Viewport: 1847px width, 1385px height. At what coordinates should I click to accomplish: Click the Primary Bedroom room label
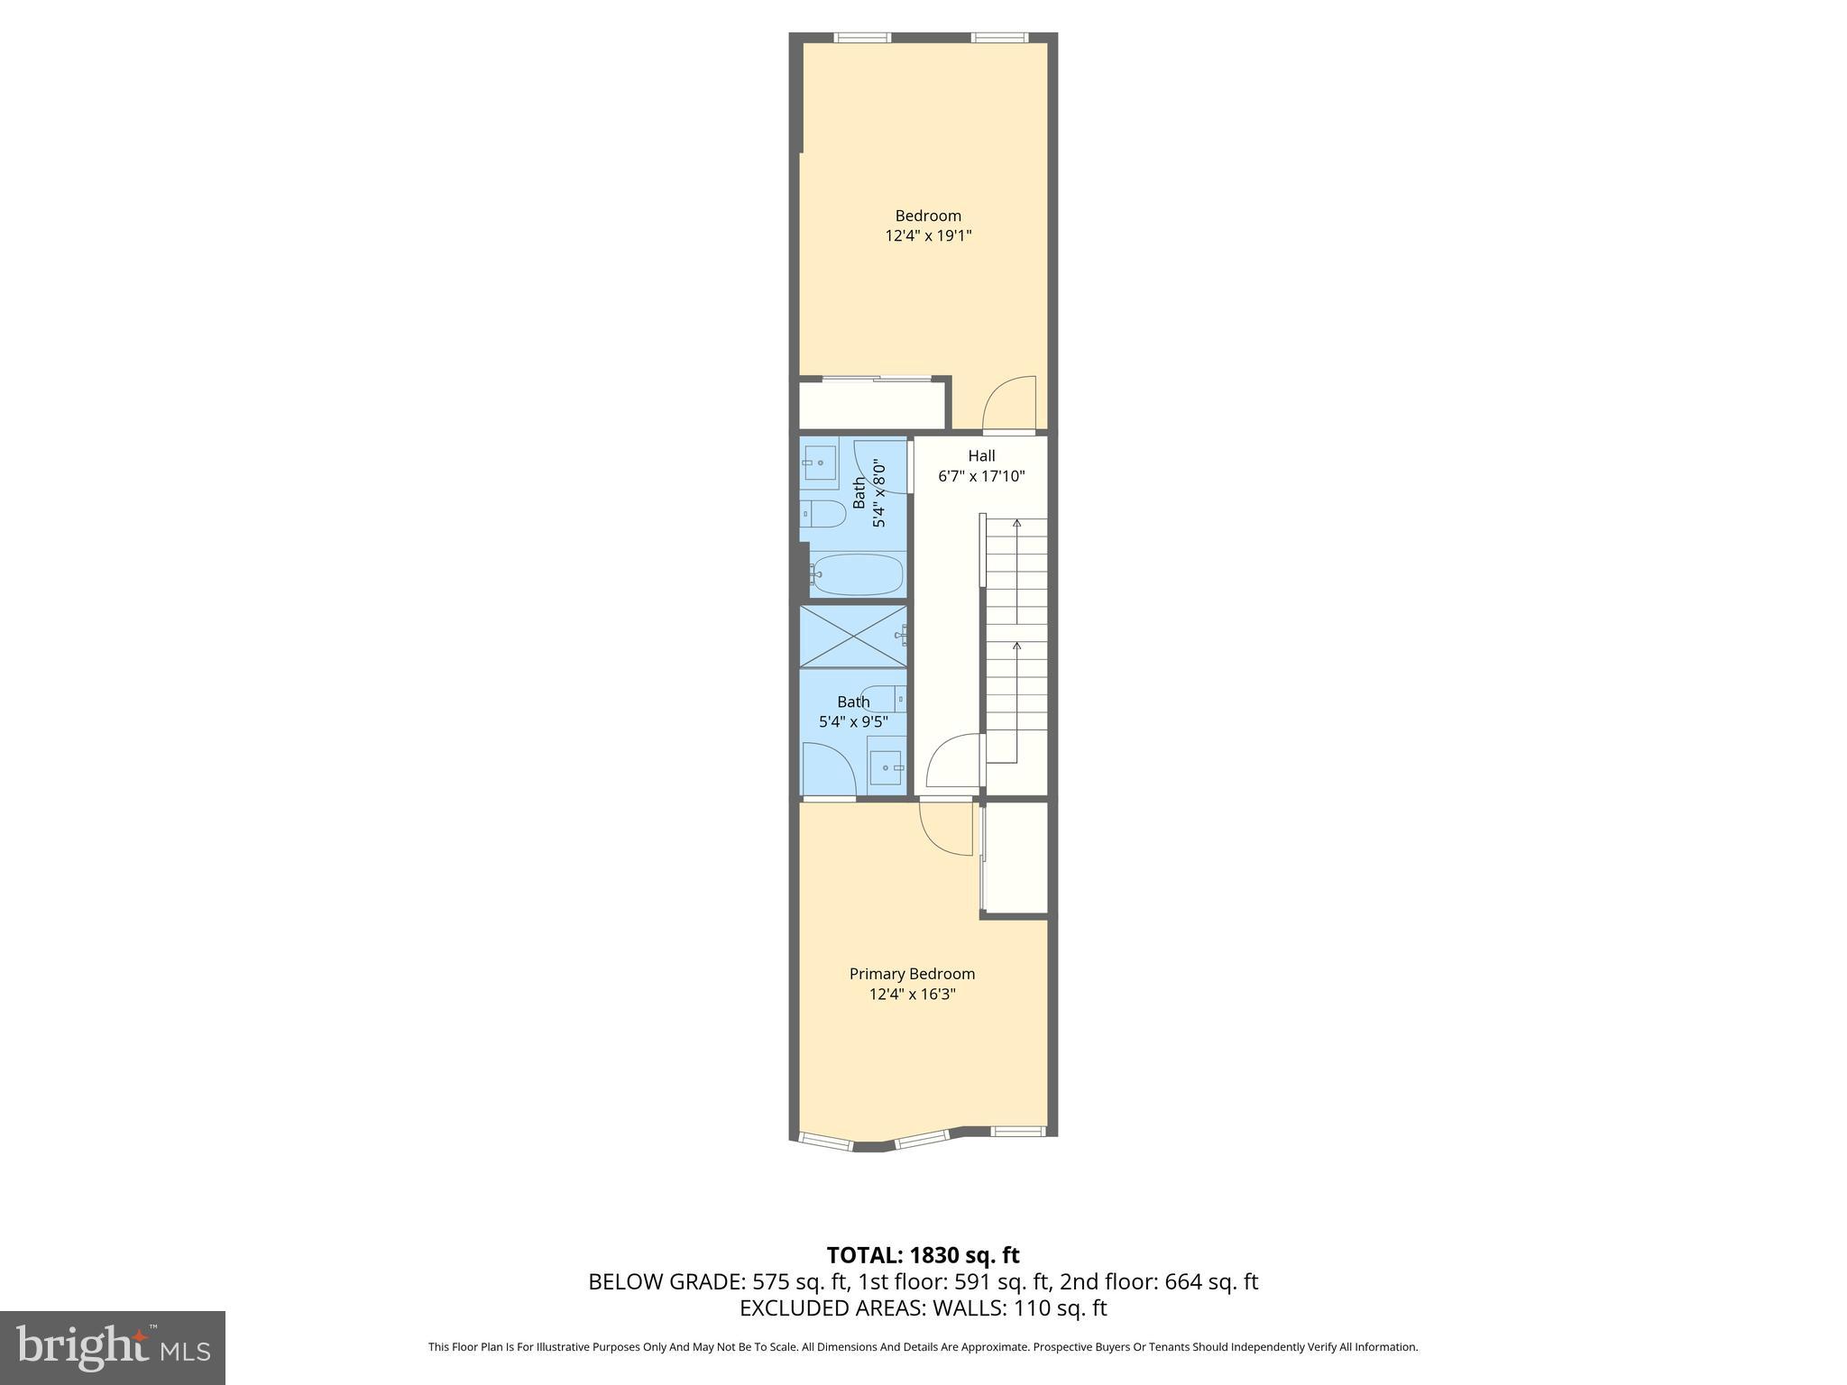click(912, 974)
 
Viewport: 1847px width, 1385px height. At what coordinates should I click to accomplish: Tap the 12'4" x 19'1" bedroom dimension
click(928, 236)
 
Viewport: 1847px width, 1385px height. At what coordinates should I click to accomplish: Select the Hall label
click(981, 456)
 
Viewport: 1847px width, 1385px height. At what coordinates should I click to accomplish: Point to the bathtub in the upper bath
click(856, 574)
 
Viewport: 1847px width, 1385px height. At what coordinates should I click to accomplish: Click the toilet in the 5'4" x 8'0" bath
click(823, 514)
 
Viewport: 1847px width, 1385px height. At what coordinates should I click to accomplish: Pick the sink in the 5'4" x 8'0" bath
click(819, 463)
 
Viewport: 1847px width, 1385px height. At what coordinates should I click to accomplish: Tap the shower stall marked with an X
click(852, 636)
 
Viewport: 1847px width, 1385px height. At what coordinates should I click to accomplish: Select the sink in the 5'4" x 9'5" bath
click(886, 766)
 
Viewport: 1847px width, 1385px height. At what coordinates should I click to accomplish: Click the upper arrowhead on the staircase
click(1017, 522)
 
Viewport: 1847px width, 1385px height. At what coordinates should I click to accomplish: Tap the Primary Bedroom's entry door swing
click(945, 828)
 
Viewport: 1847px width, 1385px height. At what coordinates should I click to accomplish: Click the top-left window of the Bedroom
click(862, 38)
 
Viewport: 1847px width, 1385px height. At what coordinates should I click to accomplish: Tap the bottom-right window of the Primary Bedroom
click(1018, 1131)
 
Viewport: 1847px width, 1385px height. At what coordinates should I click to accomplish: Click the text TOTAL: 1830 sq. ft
click(923, 1255)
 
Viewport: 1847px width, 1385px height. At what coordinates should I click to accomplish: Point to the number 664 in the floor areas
click(1181, 1281)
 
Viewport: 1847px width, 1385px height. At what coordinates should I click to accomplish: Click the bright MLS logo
click(112, 1347)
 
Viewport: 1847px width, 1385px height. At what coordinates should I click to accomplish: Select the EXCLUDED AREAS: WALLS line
click(923, 1307)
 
